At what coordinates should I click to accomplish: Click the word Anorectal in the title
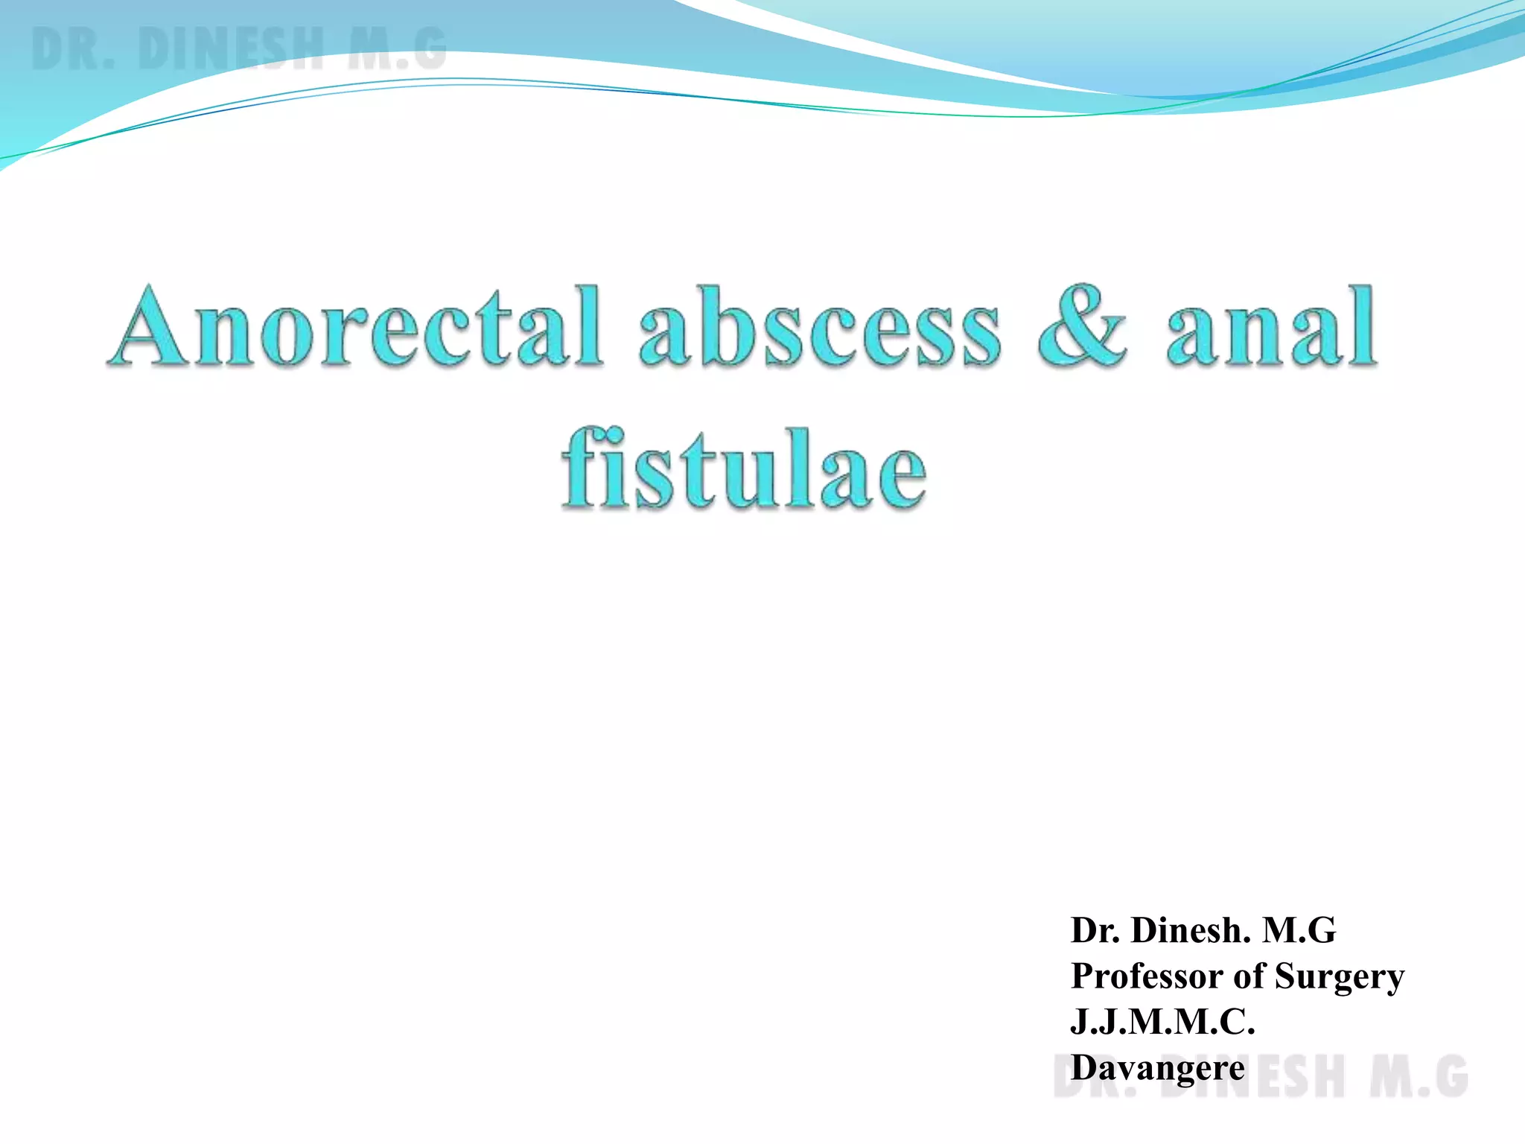(x=356, y=328)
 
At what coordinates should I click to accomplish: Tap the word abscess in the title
(x=819, y=328)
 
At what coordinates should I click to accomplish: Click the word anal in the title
(x=1270, y=328)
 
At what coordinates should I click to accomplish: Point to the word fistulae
(x=744, y=469)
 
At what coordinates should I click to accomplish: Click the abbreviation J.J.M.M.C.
(x=1162, y=1021)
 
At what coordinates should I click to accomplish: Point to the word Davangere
(x=1157, y=1068)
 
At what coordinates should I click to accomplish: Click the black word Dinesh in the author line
(x=1191, y=930)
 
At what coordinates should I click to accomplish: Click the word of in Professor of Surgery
(x=1249, y=976)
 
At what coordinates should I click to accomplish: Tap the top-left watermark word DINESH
(x=231, y=49)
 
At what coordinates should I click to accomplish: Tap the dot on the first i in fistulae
(x=605, y=434)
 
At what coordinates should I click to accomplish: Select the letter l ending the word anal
(x=1362, y=328)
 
